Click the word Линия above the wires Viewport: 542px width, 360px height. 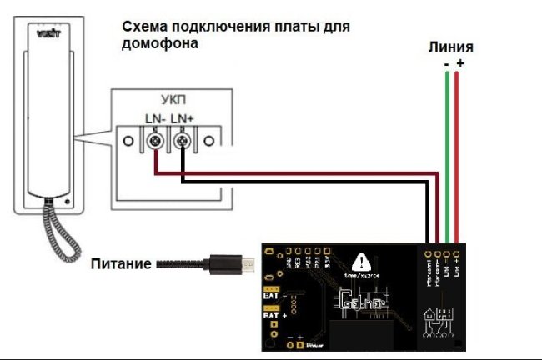(452, 47)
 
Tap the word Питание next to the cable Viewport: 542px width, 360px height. (121, 263)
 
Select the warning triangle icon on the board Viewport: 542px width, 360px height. (360, 260)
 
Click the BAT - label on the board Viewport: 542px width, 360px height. (270, 295)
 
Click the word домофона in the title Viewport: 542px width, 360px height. (160, 44)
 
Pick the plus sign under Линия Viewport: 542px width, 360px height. (460, 62)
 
